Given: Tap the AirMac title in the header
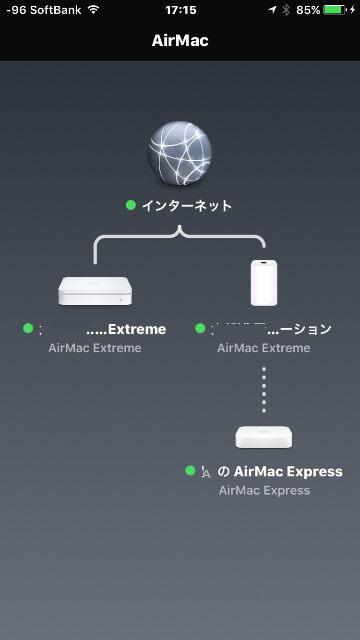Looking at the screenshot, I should click(x=180, y=40).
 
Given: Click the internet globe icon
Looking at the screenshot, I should click(x=180, y=153).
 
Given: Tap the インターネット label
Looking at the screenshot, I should click(x=187, y=206).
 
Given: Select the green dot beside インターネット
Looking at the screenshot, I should click(x=131, y=205).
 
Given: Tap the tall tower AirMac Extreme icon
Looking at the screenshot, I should click(x=264, y=283).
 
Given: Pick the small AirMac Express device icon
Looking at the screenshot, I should click(x=264, y=437).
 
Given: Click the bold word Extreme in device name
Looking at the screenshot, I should click(x=137, y=329).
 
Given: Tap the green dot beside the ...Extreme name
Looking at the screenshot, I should click(x=28, y=329).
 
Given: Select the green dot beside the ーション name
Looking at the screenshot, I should click(x=200, y=329).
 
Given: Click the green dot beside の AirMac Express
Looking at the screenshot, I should click(x=190, y=471).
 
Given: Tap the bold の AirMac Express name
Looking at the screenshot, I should click(x=280, y=472).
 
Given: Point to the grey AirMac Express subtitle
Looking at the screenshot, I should click(x=264, y=490).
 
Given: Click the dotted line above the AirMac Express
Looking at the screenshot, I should click(x=264, y=390).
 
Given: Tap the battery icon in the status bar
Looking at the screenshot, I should click(x=335, y=10).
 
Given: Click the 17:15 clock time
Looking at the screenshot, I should click(x=180, y=10).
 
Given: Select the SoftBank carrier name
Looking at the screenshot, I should click(x=56, y=10).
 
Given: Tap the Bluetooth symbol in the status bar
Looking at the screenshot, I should click(x=286, y=10).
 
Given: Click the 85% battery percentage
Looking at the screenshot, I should click(x=308, y=10).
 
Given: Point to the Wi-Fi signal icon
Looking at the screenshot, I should click(x=93, y=10).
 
